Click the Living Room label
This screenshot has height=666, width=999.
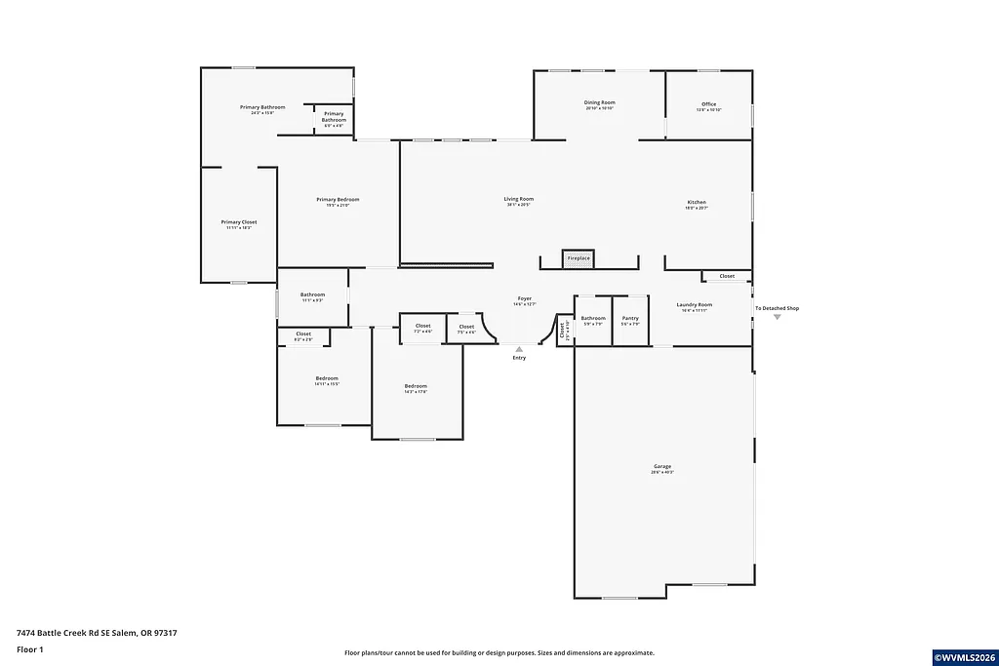click(519, 199)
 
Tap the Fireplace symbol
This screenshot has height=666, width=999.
click(579, 258)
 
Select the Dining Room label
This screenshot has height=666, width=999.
click(599, 102)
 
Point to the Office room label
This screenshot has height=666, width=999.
click(708, 104)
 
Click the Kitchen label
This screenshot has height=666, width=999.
click(696, 203)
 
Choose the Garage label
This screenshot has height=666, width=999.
click(662, 466)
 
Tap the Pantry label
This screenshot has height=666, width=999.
click(630, 318)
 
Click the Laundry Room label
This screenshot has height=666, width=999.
click(695, 305)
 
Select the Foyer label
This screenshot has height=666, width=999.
click(525, 298)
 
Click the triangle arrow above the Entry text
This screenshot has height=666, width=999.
click(519, 348)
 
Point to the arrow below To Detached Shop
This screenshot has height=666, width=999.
click(777, 317)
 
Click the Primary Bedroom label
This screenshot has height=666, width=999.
click(332, 200)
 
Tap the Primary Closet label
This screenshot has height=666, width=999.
click(238, 222)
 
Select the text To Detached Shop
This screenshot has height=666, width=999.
click(777, 308)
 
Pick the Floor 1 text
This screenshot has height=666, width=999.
click(30, 648)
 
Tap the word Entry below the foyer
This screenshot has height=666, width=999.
click(519, 358)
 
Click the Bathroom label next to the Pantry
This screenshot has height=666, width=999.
click(593, 318)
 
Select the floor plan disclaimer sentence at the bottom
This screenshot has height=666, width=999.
click(499, 653)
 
